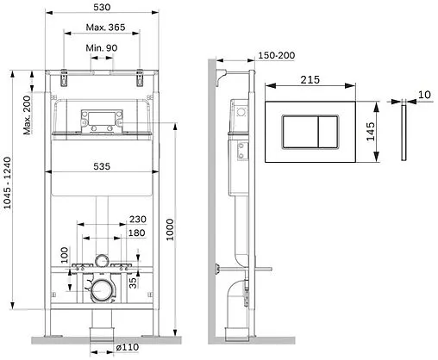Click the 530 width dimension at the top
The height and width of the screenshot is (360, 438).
click(x=103, y=8)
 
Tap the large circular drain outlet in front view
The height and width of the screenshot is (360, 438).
click(x=102, y=291)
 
